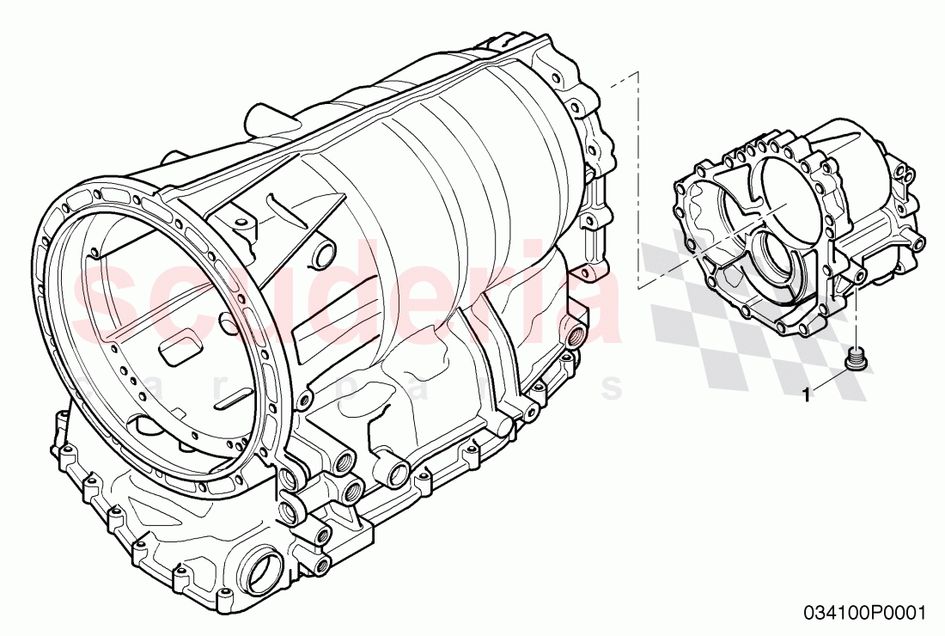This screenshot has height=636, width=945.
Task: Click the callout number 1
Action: pos(805,395)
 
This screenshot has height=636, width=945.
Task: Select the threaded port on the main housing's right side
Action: pos(573,331)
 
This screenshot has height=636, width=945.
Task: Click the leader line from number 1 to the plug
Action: pos(829,382)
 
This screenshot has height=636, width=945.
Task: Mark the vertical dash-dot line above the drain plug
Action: pos(857,318)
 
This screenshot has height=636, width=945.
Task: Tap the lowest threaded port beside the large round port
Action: pos(324,565)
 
